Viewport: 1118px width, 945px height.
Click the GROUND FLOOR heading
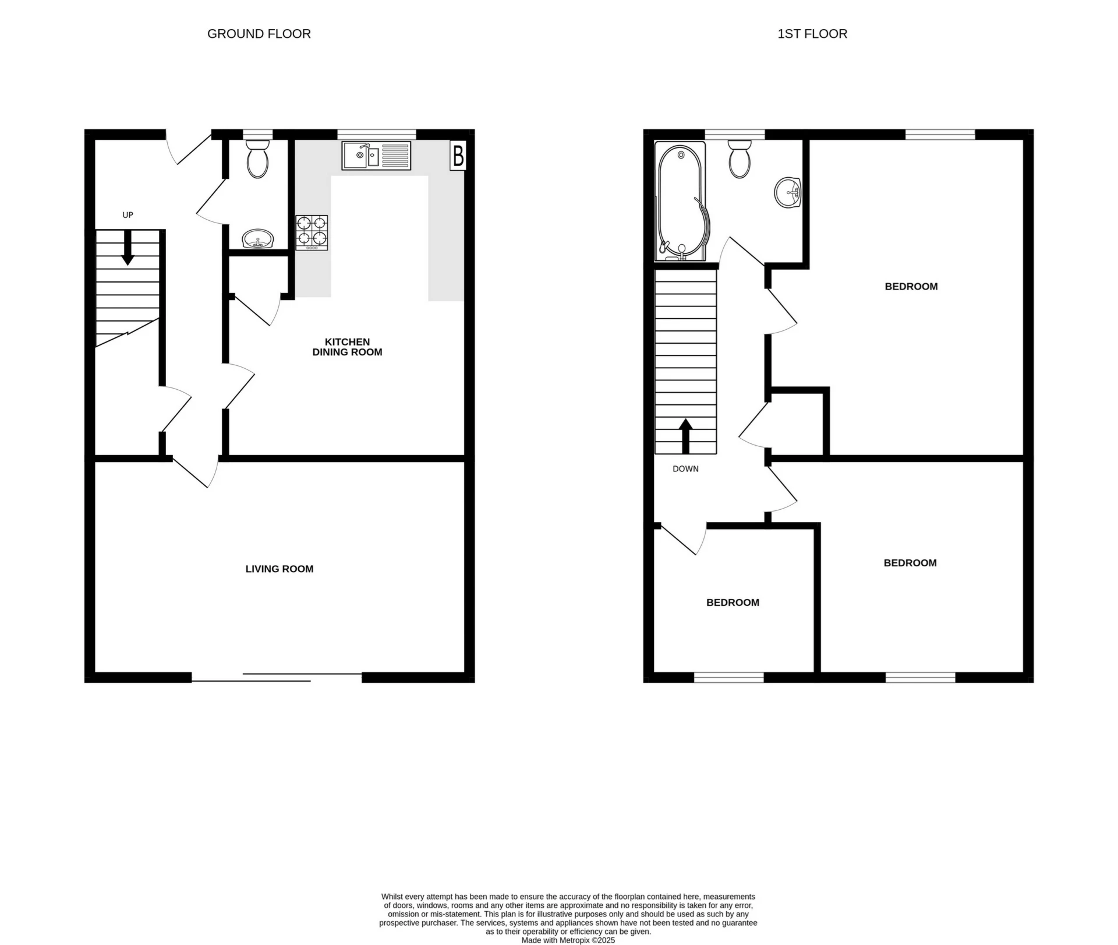click(259, 34)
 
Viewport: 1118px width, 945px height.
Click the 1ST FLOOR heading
click(812, 34)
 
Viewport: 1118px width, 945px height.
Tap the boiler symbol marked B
click(458, 156)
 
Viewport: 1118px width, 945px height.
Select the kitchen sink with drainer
click(376, 156)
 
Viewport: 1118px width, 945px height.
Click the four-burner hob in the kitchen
click(312, 232)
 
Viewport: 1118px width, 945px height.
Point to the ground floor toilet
click(257, 158)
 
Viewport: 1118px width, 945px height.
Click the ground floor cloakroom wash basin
click(257, 239)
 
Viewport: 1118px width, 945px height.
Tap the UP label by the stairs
click(128, 215)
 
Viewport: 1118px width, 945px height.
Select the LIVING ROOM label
click(279, 569)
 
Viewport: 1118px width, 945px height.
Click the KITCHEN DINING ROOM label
click(347, 347)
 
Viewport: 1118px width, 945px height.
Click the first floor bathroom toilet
click(740, 158)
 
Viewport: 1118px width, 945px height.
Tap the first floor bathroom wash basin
click(788, 192)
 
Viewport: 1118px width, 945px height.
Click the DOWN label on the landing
click(685, 468)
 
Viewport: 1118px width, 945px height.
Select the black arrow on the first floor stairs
click(685, 436)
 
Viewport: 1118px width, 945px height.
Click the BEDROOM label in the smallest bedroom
click(733, 602)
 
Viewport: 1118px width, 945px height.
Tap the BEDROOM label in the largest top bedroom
click(911, 286)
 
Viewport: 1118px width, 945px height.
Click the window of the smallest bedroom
click(728, 677)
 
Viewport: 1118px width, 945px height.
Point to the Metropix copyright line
click(568, 940)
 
